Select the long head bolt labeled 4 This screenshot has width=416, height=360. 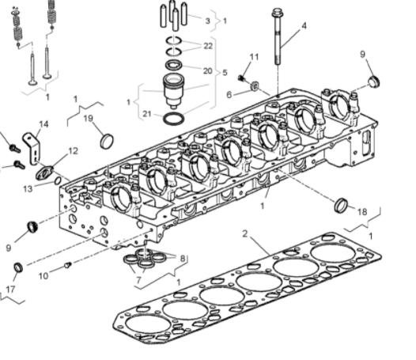pos(279,40)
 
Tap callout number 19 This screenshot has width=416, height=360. pos(89,118)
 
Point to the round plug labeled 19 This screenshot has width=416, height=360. pos(107,141)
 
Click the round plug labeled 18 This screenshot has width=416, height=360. pos(342,206)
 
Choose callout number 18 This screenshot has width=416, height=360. pos(362,211)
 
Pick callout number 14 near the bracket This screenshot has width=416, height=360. pos(43,124)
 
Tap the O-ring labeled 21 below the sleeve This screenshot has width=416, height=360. pos(173,119)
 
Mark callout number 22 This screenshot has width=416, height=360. pos(208,46)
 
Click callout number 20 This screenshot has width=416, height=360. pos(208,70)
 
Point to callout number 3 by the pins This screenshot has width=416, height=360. pos(207,21)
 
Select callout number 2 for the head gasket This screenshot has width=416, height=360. pos(245,234)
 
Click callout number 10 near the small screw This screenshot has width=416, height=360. pos(43,275)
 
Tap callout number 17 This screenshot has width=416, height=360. pos(10,289)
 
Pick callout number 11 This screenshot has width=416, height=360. pos(254,57)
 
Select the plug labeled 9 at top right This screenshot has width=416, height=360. pos(375,81)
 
